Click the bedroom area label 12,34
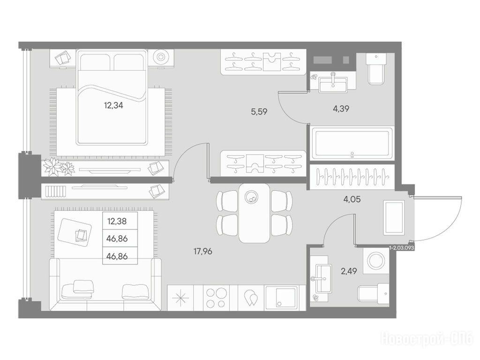click(113, 105)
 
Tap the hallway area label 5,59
click(259, 112)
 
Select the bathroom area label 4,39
click(341, 109)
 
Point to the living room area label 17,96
click(202, 252)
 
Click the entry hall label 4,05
click(352, 200)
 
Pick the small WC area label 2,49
click(349, 271)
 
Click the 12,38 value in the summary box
click(117, 221)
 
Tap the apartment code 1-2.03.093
click(402, 248)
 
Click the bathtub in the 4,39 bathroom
click(352, 143)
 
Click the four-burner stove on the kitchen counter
click(216, 298)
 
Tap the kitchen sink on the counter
click(281, 298)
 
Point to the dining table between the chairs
click(255, 213)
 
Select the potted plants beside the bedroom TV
click(59, 167)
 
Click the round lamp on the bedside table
click(161, 57)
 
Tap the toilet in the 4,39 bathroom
click(376, 69)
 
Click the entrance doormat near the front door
click(394, 218)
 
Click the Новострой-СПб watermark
click(426, 339)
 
